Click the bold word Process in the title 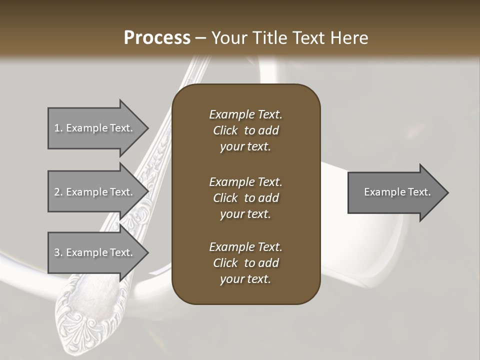point(157,38)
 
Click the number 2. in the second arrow point(58,192)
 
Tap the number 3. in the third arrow point(58,252)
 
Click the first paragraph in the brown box point(245,130)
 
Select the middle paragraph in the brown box point(245,198)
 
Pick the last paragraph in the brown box point(245,263)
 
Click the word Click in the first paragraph point(225,130)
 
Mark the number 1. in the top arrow point(58,128)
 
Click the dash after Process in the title point(200,38)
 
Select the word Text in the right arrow point(418,192)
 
